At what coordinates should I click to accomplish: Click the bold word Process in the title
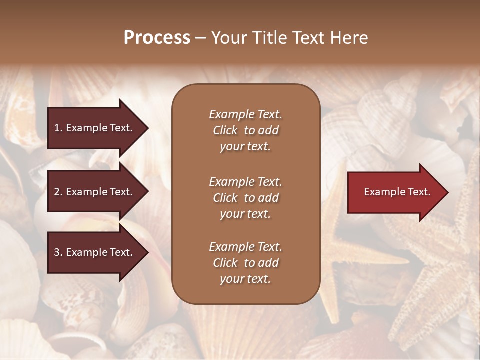coord(157,38)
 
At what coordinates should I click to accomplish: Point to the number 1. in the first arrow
coord(58,128)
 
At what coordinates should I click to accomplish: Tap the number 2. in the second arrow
coord(58,192)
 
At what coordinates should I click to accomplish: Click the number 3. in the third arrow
coord(58,252)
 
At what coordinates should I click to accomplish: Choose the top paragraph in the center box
coord(245,130)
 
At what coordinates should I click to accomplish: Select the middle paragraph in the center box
coord(245,198)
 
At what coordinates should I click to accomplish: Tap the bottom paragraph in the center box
coord(245,263)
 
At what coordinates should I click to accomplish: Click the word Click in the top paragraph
coord(225,130)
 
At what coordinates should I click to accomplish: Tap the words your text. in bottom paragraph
coord(245,279)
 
